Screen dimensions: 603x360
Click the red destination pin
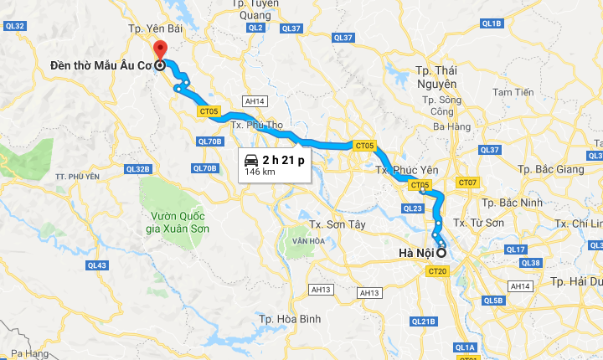click(159, 49)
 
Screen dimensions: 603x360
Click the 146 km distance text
click(260, 172)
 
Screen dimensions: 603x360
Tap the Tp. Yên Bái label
click(155, 28)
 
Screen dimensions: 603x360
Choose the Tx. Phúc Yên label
click(407, 170)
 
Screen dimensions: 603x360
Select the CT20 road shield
click(437, 271)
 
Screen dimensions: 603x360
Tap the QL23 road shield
click(413, 208)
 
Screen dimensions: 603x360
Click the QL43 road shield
click(97, 265)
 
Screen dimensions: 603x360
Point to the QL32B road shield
click(137, 168)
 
